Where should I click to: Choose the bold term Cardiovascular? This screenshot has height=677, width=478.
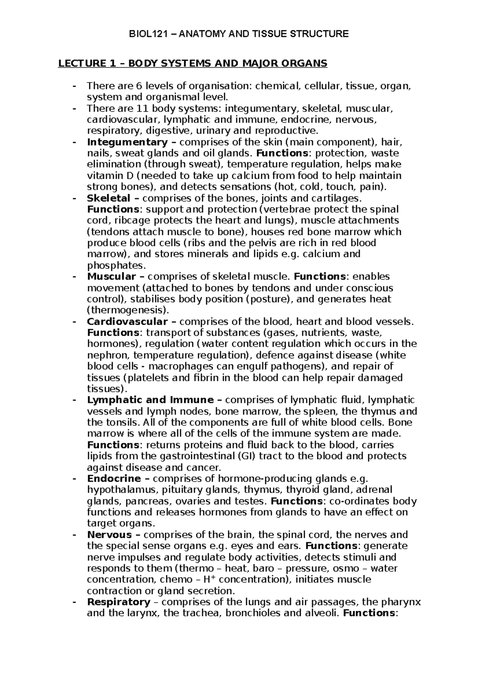[x=127, y=321]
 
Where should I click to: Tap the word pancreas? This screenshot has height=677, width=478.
[x=143, y=501]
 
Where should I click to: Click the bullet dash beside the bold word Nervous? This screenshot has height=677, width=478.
[x=73, y=534]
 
